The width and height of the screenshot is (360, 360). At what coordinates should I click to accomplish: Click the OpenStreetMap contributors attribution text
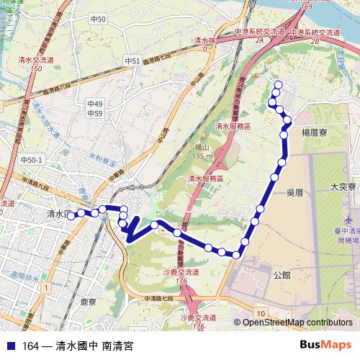(297, 323)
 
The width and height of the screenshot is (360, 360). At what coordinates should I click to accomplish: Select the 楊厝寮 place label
(315, 132)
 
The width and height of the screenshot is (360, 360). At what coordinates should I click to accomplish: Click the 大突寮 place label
(343, 186)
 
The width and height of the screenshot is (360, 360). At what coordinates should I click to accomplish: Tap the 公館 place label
(282, 275)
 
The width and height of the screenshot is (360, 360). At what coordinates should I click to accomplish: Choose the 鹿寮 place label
(89, 302)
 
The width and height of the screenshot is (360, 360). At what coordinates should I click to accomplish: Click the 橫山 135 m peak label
(202, 150)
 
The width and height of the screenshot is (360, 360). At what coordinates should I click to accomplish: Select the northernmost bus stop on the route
(278, 85)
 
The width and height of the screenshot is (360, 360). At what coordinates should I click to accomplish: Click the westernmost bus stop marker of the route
(71, 215)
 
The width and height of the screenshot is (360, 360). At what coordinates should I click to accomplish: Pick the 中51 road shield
(132, 61)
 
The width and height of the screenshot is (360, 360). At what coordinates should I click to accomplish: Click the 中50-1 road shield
(32, 160)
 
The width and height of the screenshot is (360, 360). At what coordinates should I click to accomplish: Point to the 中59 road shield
(94, 113)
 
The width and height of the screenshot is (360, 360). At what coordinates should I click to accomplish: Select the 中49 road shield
(94, 104)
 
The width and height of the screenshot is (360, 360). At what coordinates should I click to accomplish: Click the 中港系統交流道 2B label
(314, 37)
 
